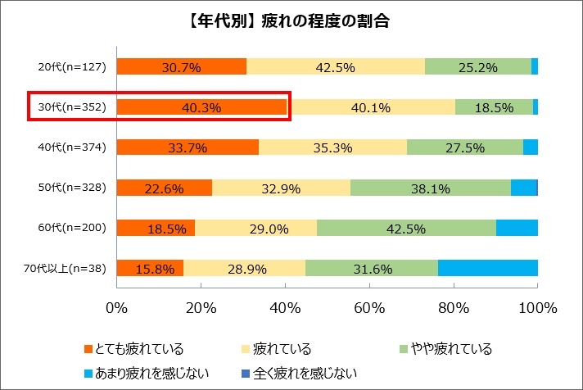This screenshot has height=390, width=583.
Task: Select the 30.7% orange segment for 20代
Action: pos(182,67)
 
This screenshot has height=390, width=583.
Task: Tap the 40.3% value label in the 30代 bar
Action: pos(201,107)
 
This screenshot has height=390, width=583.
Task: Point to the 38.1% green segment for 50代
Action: pos(431,188)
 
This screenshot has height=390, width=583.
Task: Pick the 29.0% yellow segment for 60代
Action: pos(255,228)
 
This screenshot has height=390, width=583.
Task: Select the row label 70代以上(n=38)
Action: pos(67,268)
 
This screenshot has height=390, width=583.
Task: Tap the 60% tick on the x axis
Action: pos(369,308)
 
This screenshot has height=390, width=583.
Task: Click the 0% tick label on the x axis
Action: pos(117,308)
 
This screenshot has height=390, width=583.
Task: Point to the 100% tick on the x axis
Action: pos(538,308)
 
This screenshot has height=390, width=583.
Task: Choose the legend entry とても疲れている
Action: pos(136,350)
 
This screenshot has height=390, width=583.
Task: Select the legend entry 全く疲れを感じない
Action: pos(301,374)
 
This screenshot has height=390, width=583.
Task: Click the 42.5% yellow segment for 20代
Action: pos(336,67)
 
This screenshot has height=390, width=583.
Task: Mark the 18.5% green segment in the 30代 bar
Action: pos(494,107)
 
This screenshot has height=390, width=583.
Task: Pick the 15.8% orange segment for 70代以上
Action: pos(150,268)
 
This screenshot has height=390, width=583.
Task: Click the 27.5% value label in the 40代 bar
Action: pos(464,147)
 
